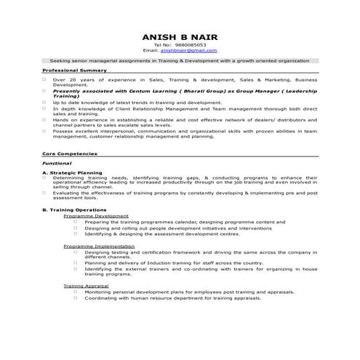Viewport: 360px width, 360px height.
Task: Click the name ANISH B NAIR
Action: click(x=180, y=36)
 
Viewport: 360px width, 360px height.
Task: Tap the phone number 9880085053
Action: click(x=190, y=45)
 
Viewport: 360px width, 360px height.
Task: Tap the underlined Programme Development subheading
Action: click(x=96, y=216)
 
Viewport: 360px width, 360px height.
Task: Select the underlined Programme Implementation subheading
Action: click(x=99, y=245)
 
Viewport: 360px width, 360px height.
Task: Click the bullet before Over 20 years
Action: click(x=44, y=79)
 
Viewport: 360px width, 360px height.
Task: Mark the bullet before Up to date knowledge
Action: click(x=44, y=103)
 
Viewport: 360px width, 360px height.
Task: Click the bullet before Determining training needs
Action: click(x=44, y=177)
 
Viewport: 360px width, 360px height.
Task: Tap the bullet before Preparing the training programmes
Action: click(x=75, y=222)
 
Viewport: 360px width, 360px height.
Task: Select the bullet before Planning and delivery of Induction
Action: click(x=75, y=263)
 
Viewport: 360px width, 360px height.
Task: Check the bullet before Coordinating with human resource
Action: click(x=75, y=298)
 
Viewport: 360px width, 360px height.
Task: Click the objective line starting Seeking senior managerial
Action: click(x=180, y=60)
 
